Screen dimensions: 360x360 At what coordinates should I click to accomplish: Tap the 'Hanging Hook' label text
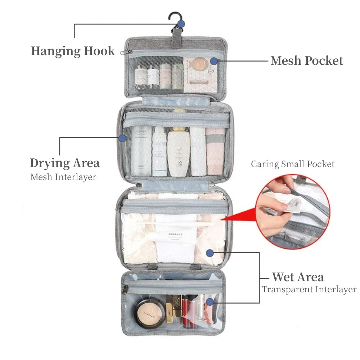coord(73,51)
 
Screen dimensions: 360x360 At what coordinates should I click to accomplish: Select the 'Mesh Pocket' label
coord(307,60)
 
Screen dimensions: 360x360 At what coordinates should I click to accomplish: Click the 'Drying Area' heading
coord(65,163)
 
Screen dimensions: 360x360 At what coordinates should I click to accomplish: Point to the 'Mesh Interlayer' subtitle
coord(63,177)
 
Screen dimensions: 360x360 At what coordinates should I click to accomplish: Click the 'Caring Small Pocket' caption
coord(293,164)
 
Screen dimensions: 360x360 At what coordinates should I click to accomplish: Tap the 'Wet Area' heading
coord(298,277)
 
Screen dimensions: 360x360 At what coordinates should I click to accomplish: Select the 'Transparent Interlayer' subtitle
coord(309,289)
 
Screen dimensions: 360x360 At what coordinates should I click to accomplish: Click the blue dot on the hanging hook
coord(181,24)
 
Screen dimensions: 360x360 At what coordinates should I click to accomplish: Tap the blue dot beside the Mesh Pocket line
coord(214,61)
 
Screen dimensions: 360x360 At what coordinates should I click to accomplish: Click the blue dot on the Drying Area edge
coord(122,138)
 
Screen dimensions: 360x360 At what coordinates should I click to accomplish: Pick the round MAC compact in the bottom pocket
coord(148,312)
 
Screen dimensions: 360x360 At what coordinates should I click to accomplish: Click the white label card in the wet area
coord(176,236)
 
